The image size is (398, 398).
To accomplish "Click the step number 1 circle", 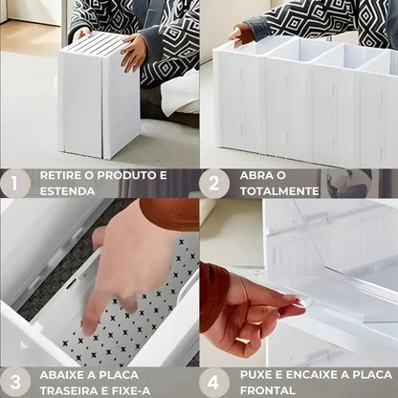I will pyautogui.click(x=15, y=183).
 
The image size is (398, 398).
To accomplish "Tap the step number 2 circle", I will pyautogui.click(x=214, y=183).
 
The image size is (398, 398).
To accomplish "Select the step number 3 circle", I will pyautogui.click(x=15, y=382).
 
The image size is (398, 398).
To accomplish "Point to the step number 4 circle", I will pyautogui.click(x=214, y=382).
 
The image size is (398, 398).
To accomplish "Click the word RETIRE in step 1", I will pyautogui.click(x=60, y=176).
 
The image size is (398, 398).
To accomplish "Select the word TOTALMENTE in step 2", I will pyautogui.click(x=278, y=191).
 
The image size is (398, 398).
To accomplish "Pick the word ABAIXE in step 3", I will pyautogui.click(x=62, y=375).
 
